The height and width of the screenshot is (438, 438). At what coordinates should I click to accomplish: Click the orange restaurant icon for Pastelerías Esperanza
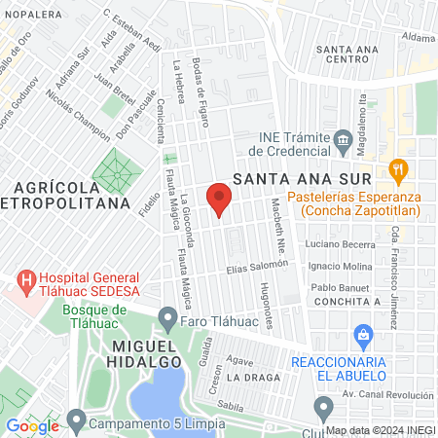(397, 169)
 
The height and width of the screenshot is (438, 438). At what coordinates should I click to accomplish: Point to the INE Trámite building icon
(343, 142)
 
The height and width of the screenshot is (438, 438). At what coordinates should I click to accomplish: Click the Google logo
(32, 425)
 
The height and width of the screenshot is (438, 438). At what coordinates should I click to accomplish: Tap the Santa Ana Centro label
(361, 54)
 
